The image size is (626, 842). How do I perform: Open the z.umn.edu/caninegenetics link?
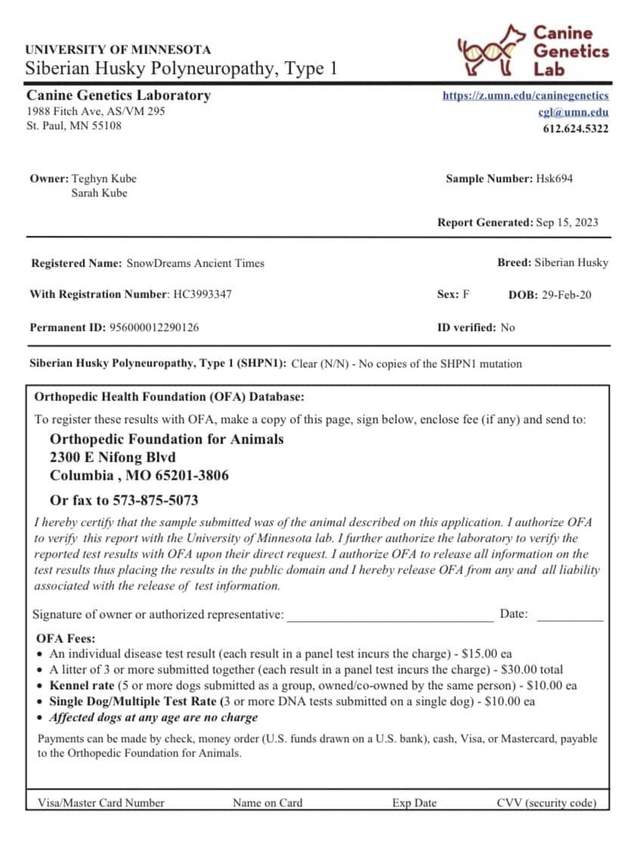point(525,96)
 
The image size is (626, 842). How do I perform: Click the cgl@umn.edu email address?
point(579,112)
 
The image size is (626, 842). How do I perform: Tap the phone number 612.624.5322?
point(575,128)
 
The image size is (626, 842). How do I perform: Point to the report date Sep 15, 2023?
point(567,222)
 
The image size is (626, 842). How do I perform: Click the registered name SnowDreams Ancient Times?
point(195,263)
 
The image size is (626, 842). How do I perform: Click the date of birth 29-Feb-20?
point(566,295)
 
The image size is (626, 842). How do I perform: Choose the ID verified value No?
point(507,327)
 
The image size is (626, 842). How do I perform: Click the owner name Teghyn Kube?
point(104,179)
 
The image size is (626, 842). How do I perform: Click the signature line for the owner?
point(389,615)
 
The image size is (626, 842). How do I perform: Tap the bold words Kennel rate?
point(82,686)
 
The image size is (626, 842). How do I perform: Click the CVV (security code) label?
point(547,803)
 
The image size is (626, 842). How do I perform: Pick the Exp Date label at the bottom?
point(414,803)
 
